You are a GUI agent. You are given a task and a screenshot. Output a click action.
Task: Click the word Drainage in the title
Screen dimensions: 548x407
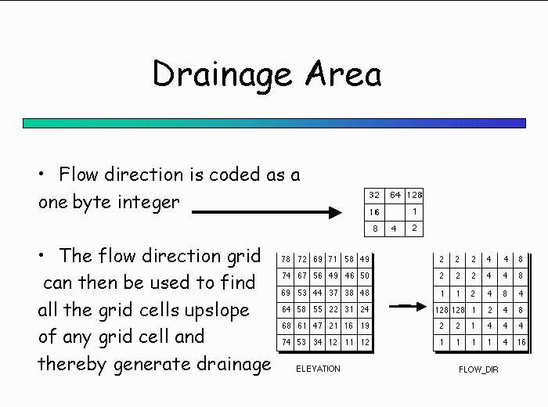click(x=222, y=75)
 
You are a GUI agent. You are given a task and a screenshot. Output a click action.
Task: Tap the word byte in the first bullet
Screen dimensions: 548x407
click(x=92, y=202)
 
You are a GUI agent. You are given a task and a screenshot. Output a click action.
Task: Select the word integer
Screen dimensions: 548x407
click(x=149, y=203)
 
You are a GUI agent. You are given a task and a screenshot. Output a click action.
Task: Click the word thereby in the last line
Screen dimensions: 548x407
click(x=72, y=364)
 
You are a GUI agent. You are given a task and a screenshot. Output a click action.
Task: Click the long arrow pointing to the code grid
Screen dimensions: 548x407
click(x=267, y=212)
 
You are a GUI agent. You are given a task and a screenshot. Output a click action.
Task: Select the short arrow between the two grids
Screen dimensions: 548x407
click(x=408, y=306)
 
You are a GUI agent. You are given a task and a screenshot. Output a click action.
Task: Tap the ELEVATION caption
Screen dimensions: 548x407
click(x=318, y=369)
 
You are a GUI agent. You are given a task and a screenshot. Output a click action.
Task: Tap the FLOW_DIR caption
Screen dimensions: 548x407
click(x=478, y=369)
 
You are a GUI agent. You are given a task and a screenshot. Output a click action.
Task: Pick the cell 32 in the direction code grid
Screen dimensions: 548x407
click(x=374, y=195)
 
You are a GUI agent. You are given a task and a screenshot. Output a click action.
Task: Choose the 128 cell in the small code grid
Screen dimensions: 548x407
click(x=414, y=195)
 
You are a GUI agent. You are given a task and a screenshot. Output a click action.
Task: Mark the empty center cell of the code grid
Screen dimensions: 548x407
click(x=395, y=212)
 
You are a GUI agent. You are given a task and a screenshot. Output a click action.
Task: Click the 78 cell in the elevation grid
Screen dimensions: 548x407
click(x=286, y=259)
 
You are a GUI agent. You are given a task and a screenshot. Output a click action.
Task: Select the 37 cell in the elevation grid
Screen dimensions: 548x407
click(x=333, y=293)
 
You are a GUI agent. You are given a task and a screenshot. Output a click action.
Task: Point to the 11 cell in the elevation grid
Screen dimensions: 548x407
click(x=349, y=342)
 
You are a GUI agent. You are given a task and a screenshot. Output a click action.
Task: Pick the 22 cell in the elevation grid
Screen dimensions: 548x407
click(x=333, y=309)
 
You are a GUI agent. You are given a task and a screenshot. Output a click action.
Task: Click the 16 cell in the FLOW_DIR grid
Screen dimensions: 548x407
click(x=521, y=342)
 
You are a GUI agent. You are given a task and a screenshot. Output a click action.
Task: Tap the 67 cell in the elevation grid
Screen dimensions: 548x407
click(x=302, y=276)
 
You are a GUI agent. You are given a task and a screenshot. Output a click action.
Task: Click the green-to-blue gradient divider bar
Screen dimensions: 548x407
click(x=274, y=124)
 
